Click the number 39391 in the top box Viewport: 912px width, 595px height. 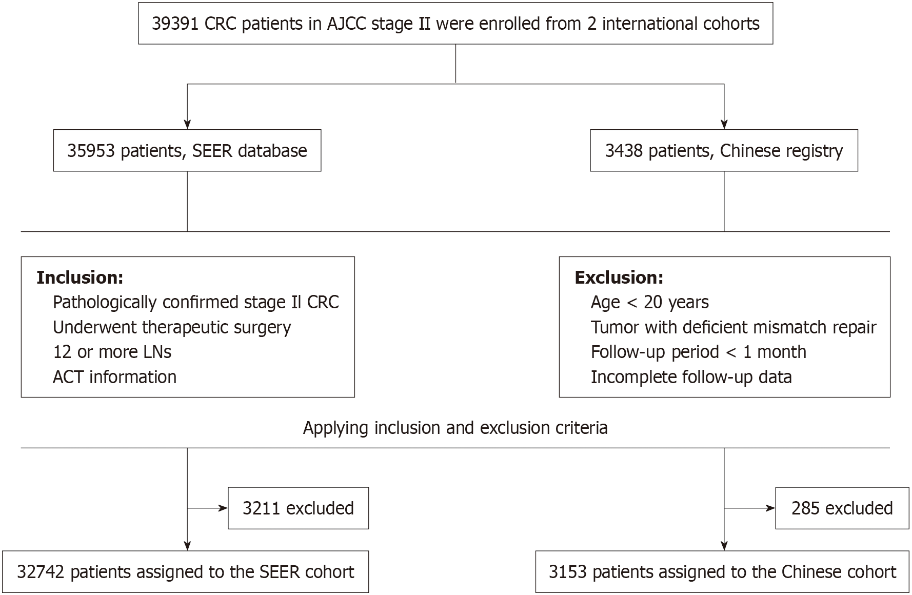pos(175,24)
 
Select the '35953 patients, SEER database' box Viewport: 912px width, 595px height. pos(187,150)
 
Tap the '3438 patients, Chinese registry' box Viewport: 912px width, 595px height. pos(724,150)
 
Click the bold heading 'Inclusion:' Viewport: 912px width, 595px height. pos(80,277)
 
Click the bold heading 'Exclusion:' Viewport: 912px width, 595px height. pos(619,277)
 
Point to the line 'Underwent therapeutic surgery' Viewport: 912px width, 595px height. pos(172,327)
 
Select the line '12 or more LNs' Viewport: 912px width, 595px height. pos(112,352)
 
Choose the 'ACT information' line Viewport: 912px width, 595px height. pos(114,377)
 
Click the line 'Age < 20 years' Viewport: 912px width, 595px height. pos(650,303)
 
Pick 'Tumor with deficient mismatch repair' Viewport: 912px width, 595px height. pos(733,327)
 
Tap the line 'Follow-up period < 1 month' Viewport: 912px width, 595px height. pos(699,352)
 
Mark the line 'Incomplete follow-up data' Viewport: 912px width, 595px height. pos(691,377)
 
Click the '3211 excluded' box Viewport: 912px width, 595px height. pos(298,508)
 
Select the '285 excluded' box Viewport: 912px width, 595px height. pos(842,508)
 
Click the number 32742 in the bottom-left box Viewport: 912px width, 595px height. pos(41,572)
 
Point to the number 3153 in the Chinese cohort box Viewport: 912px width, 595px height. pos(567,572)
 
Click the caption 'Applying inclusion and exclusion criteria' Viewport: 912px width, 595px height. pos(455,428)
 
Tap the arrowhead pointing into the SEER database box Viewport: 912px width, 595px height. pos(187,125)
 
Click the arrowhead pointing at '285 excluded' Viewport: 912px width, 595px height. pos(770,508)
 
